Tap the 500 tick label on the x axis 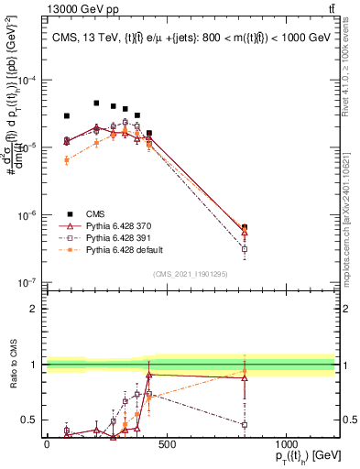(x=166, y=445)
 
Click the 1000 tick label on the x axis (x=286, y=445)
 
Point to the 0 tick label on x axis (x=47, y=445)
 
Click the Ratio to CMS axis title (x=14, y=364)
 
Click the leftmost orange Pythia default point (x=67, y=160)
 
